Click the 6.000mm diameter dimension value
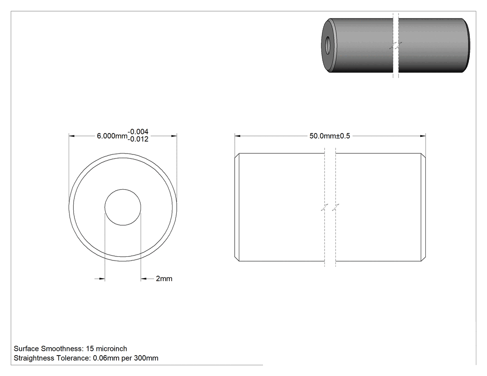pos(112,136)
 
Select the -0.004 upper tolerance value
pos(138,132)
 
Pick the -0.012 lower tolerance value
pos(138,139)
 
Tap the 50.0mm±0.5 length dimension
pos(329,136)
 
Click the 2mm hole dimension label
pos(164,279)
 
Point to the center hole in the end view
pos(123,207)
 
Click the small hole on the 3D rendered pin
pos(327,45)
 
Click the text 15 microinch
pos(107,349)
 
